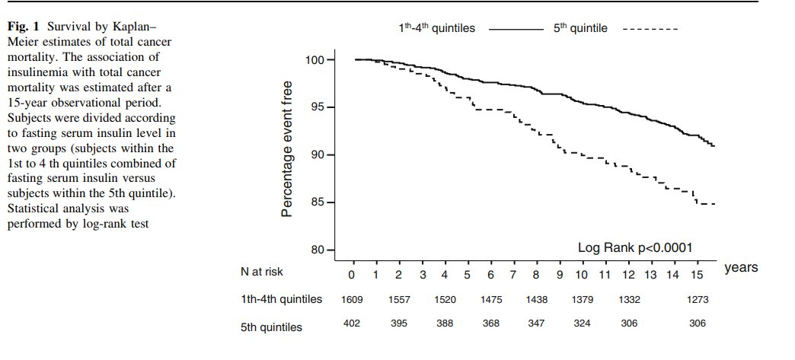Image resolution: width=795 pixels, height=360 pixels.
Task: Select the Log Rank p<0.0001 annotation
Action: click(x=634, y=247)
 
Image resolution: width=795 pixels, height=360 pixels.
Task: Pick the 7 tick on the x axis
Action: click(x=513, y=273)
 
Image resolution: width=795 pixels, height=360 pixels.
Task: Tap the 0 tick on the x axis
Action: click(x=353, y=273)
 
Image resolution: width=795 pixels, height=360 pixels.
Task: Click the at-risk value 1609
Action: click(x=353, y=300)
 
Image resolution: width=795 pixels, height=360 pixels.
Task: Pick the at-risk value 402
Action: click(x=353, y=324)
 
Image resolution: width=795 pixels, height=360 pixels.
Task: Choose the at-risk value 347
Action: click(x=537, y=324)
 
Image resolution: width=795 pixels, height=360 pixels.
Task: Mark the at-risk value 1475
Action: click(x=491, y=300)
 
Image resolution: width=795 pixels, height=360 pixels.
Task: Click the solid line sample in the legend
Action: click(x=514, y=28)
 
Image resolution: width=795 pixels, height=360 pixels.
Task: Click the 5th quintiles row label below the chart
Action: click(x=271, y=327)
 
